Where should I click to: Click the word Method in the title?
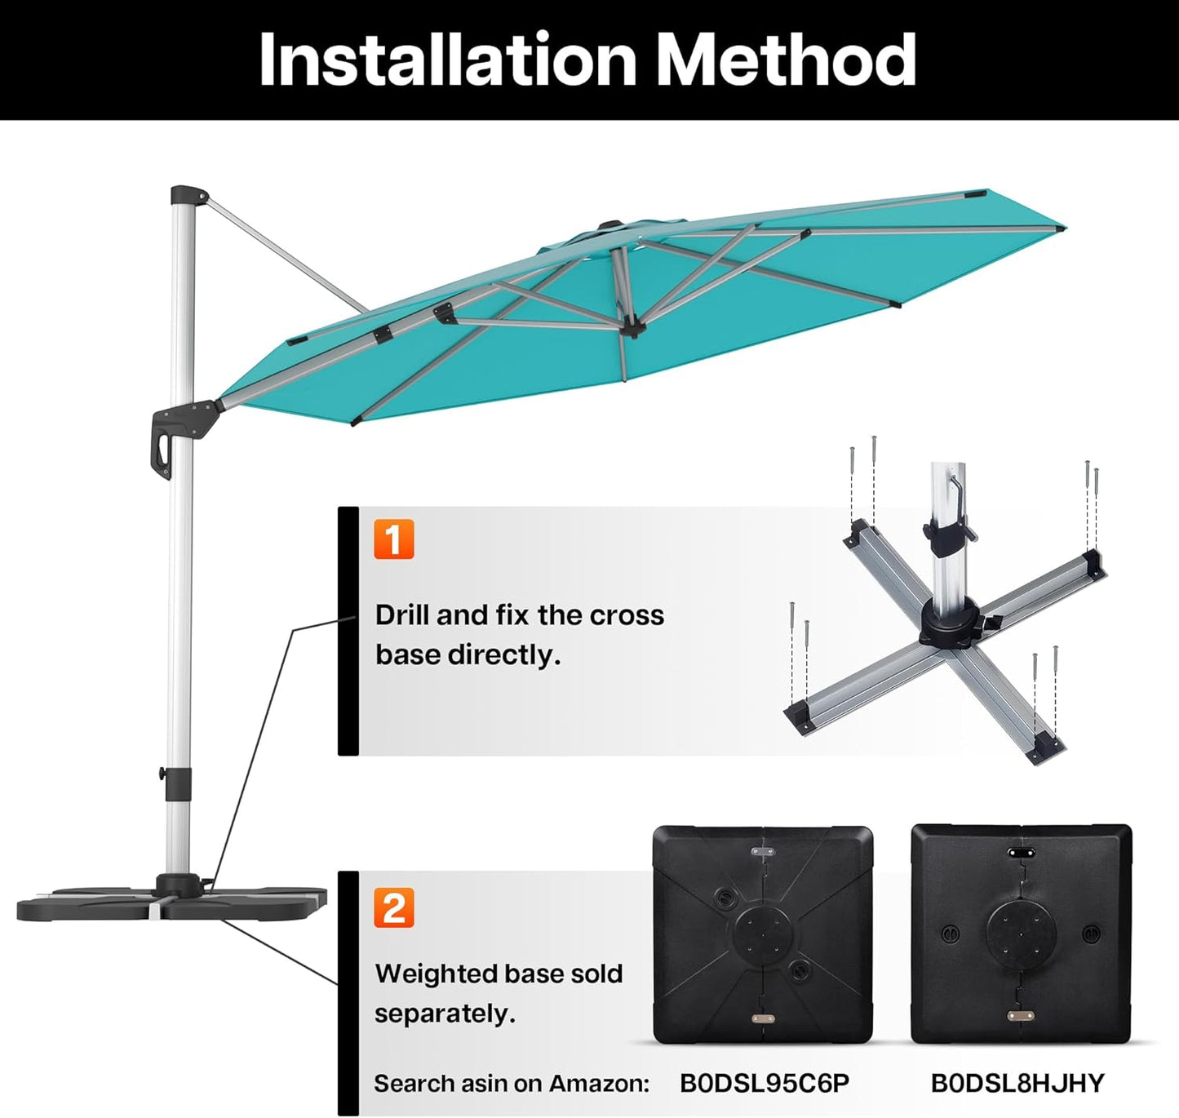point(787,60)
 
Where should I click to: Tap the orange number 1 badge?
point(394,539)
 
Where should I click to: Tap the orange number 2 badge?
point(394,907)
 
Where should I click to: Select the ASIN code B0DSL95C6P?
point(764,1083)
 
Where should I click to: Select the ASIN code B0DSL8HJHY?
point(1017,1083)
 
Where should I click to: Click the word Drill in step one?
point(402,614)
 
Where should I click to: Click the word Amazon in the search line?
point(599,1084)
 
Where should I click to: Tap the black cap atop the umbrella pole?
point(187,196)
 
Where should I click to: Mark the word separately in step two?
point(445,1014)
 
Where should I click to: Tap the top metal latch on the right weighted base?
point(1020,850)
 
